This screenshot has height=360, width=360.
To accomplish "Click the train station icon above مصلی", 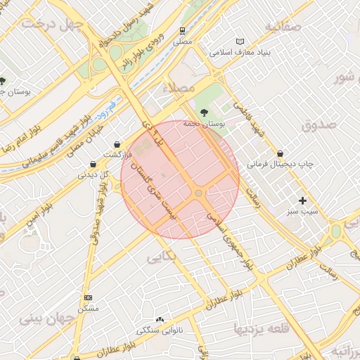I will tap(183, 31).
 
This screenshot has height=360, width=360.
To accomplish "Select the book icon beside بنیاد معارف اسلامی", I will tap(241, 42).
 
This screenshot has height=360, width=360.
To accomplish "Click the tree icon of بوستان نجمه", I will tap(204, 112).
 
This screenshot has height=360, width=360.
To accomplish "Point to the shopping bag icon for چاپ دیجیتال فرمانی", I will tap(281, 153).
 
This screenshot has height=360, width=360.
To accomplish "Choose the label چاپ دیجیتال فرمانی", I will tap(280, 165).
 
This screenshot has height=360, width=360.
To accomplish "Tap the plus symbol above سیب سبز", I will tap(302, 200).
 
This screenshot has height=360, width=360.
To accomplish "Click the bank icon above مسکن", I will tap(88, 298).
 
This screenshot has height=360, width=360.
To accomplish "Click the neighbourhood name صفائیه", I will tap(283, 26).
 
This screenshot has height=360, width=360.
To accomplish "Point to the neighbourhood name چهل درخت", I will tap(52, 24).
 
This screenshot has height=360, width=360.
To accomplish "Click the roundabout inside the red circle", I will tap(199, 193).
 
